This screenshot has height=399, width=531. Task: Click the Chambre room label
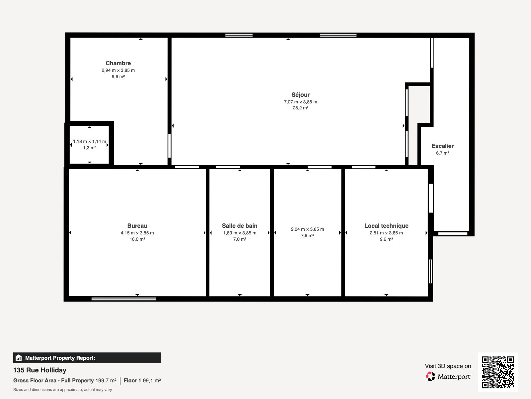tap(118, 63)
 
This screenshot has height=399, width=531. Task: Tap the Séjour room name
tap(300, 95)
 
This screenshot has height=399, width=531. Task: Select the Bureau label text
tap(137, 226)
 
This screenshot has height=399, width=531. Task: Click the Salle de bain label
tap(240, 226)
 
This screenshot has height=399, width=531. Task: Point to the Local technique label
tap(386, 226)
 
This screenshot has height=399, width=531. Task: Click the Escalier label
tap(442, 146)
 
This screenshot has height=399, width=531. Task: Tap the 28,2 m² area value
tap(300, 108)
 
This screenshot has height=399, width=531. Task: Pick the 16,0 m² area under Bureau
tap(137, 239)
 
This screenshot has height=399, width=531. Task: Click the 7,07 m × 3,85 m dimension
tap(300, 102)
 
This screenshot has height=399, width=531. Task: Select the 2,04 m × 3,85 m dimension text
tap(307, 229)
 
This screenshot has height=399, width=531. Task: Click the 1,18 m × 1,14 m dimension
tap(89, 142)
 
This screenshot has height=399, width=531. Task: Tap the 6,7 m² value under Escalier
tap(442, 153)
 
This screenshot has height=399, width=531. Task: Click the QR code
tap(497, 372)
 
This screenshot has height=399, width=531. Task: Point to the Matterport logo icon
tap(430, 376)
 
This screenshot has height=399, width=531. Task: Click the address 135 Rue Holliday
tap(40, 370)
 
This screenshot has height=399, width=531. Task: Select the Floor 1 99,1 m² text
tap(142, 381)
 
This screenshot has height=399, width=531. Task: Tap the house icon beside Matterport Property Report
tap(19, 358)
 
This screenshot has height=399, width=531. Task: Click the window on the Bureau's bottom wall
tap(124, 299)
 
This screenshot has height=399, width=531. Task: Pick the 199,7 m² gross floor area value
tap(106, 381)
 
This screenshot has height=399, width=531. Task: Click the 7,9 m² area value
tap(307, 236)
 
